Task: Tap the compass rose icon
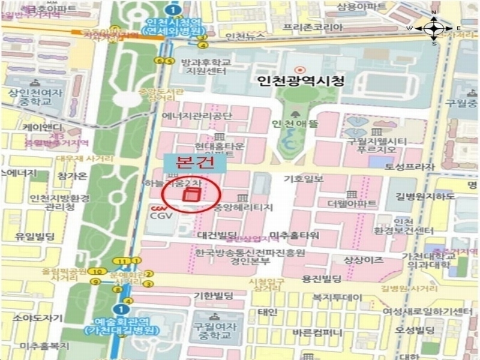tap(434, 28)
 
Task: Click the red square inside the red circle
tap(193, 196)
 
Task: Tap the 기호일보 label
tap(303, 179)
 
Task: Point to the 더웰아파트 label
tap(352, 204)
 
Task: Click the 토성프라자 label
tap(404, 168)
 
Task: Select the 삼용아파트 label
tap(362, 7)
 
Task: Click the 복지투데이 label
tap(337, 298)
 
